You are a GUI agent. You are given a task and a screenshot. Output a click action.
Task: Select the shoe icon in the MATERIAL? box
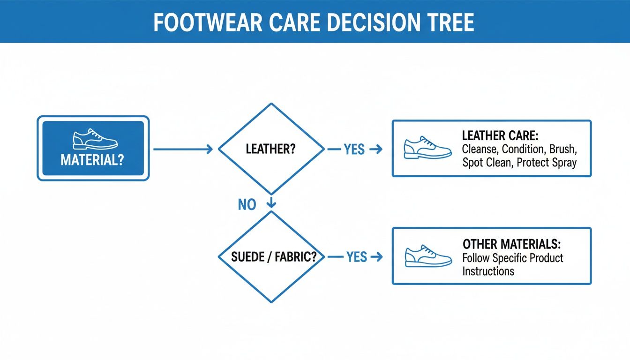pos(95,140)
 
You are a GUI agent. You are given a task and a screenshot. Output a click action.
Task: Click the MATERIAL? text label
pos(92,160)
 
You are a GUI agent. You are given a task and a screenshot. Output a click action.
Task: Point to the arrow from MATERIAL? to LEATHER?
pos(183,150)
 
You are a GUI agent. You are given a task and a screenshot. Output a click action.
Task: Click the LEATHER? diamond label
pos(270,150)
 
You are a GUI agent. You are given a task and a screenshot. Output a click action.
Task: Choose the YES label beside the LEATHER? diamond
pos(354,150)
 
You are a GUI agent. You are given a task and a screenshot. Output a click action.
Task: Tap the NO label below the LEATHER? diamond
pos(247,204)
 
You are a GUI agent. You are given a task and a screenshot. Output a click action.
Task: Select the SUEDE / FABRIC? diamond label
pos(271,257)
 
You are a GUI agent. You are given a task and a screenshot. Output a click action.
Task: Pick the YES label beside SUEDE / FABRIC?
pos(356,257)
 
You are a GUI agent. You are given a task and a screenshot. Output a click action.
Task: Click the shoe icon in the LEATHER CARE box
pos(427,148)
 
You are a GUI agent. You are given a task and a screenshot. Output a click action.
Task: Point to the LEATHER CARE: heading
pos(500,136)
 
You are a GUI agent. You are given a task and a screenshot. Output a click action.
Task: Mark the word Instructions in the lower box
pos(488,271)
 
